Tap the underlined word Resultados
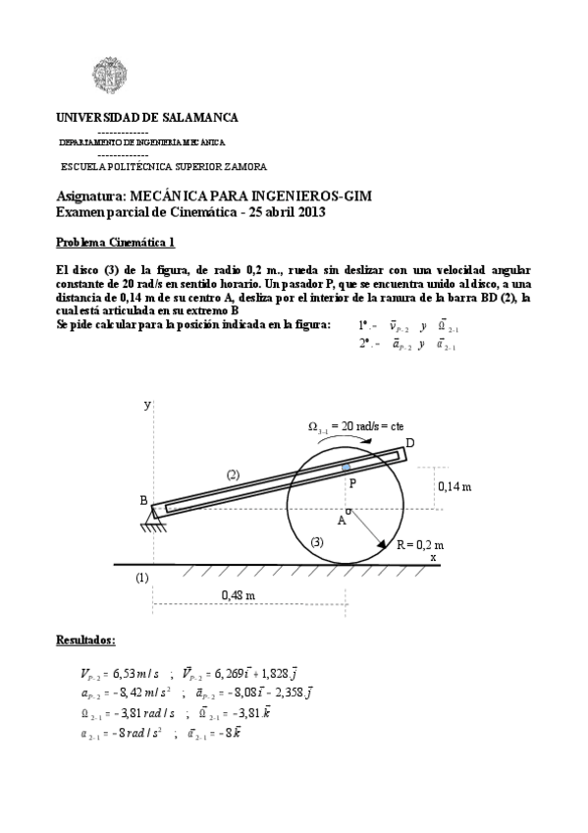[x=85, y=640]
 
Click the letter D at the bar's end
[x=410, y=443]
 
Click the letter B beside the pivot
[x=143, y=501]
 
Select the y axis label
[x=147, y=404]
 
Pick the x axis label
[x=433, y=556]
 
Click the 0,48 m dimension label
[x=238, y=595]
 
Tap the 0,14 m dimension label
[x=454, y=486]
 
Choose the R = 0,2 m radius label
[x=420, y=544]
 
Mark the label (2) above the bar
[x=233, y=474]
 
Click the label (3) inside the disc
[x=316, y=542]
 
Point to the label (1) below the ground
[x=142, y=578]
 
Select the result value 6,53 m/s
[x=132, y=674]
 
